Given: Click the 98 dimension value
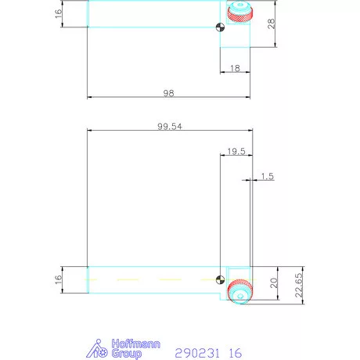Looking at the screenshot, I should point(168,92).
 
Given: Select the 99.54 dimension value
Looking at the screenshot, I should point(168,125).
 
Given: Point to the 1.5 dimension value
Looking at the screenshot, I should point(267,177).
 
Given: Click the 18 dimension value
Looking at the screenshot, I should point(235,70).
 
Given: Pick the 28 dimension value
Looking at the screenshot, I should point(272,24).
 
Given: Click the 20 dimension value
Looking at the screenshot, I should point(273,283).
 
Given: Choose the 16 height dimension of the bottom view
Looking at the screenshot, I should point(59,279).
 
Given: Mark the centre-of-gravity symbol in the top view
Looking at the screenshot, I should point(221,29).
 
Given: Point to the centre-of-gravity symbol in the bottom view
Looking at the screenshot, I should point(221,279).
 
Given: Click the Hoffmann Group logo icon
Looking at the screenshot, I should point(96,348).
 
